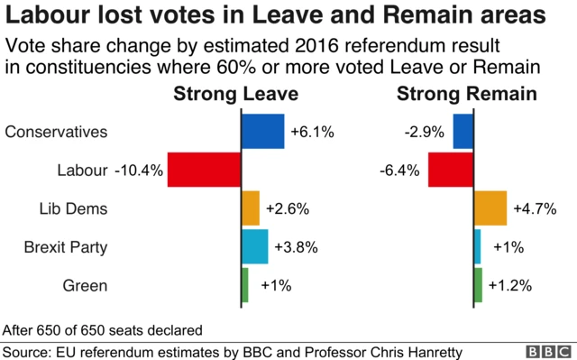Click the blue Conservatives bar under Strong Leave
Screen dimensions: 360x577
(262, 132)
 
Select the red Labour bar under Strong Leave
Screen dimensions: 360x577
(204, 170)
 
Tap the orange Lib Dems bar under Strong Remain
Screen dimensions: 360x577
(490, 208)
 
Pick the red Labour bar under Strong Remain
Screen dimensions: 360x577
(450, 170)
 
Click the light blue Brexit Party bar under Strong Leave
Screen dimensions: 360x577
(254, 246)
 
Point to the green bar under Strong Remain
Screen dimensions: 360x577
(478, 285)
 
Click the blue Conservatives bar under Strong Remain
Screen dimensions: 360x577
(463, 132)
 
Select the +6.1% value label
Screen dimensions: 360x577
(312, 133)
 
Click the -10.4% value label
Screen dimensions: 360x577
(139, 171)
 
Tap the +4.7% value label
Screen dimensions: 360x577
(535, 209)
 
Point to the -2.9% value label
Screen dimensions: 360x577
(425, 133)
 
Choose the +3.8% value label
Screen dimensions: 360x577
(296, 247)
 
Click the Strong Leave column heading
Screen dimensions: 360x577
(235, 95)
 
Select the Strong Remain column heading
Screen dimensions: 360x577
(467, 95)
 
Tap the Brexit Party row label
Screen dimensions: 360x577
(66, 246)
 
